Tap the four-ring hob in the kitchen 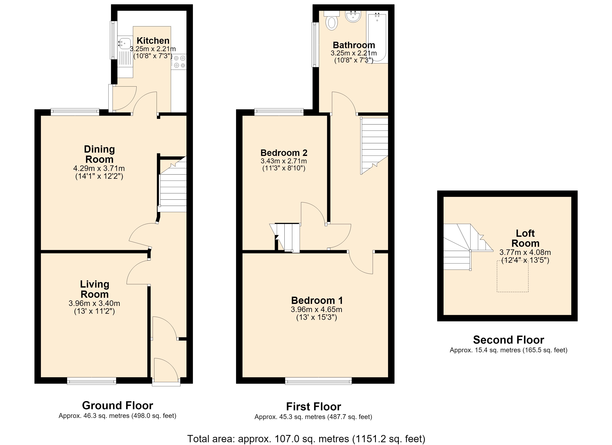pyautogui.click(x=179, y=62)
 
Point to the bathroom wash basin pyautogui.click(x=353, y=17)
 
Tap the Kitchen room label pyautogui.click(x=153, y=40)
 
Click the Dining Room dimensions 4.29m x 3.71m pyautogui.click(x=99, y=168)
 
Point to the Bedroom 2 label pyautogui.click(x=284, y=153)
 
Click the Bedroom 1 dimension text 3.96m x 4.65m pyautogui.click(x=317, y=309)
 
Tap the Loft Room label pyautogui.click(x=525, y=238)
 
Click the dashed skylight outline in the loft pyautogui.click(x=512, y=276)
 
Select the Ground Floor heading pyautogui.click(x=117, y=405)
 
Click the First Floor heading pyautogui.click(x=314, y=406)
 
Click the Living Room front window pyautogui.click(x=92, y=381)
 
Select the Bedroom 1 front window pyautogui.click(x=318, y=381)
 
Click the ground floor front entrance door pyautogui.click(x=166, y=372)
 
